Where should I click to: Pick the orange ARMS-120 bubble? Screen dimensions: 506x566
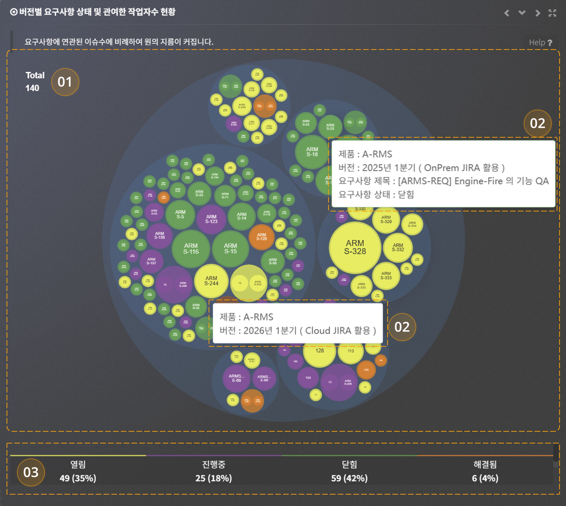click(261, 237)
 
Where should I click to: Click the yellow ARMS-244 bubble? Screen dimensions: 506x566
click(211, 281)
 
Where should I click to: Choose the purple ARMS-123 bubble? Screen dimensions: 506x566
click(211, 219)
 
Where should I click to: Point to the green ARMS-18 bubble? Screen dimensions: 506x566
click(312, 152)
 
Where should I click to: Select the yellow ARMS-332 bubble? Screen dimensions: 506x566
click(398, 247)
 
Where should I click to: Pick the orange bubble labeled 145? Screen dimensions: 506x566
click(366, 370)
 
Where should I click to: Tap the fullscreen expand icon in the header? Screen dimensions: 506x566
click(552, 13)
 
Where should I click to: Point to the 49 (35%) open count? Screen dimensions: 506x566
click(78, 478)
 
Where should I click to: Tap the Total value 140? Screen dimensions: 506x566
click(32, 88)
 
